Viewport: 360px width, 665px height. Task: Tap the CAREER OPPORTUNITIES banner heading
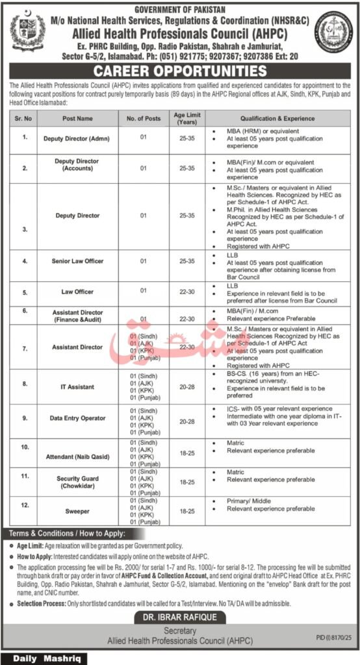(x=180, y=71)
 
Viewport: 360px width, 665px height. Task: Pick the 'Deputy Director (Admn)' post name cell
(x=77, y=138)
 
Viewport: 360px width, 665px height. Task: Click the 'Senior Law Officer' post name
(x=77, y=261)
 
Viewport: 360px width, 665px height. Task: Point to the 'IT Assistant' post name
(x=77, y=387)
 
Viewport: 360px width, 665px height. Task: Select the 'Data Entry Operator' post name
(x=77, y=418)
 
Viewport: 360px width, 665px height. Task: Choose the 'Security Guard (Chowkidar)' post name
(x=77, y=481)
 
